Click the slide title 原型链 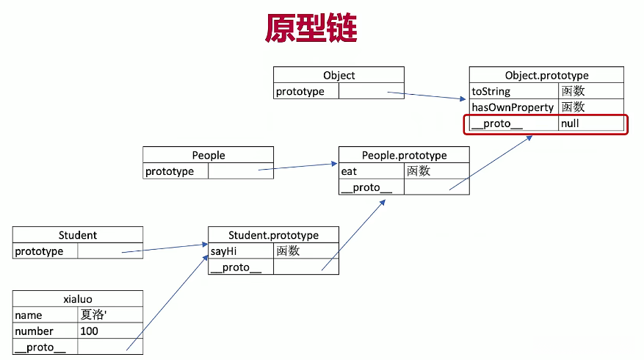click(x=311, y=29)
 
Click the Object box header click(x=339, y=75)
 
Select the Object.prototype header click(x=546, y=75)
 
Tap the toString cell click(x=513, y=92)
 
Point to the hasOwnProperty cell click(x=513, y=107)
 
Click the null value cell click(x=590, y=123)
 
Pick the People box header click(x=208, y=155)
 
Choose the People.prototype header click(x=404, y=155)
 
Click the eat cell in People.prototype click(x=371, y=171)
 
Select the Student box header click(x=77, y=235)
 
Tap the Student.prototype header click(x=273, y=235)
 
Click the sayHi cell click(x=240, y=251)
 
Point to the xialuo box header click(x=77, y=299)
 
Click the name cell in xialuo click(x=45, y=315)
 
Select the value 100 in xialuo click(x=109, y=331)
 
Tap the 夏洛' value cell click(x=109, y=315)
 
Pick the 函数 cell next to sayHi click(x=305, y=251)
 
